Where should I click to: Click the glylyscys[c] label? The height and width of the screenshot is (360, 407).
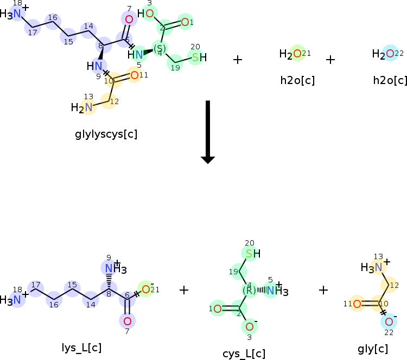[x=106, y=133]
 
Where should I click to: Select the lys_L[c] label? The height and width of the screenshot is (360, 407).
[x=81, y=348]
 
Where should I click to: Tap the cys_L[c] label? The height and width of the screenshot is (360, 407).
[x=244, y=354]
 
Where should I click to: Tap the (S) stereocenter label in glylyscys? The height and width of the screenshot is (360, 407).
[x=160, y=49]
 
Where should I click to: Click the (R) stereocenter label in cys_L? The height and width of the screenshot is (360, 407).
[x=249, y=290]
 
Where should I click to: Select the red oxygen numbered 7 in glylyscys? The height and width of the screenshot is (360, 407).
[x=129, y=20]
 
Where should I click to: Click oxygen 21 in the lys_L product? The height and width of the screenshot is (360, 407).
[x=145, y=290]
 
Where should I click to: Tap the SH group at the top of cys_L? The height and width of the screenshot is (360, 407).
[x=252, y=253]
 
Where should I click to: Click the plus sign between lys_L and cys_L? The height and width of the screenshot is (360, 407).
[x=184, y=290]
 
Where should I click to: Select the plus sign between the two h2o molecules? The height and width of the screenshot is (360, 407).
[x=330, y=59]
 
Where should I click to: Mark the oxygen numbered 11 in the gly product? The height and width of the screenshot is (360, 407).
[x=357, y=304]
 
